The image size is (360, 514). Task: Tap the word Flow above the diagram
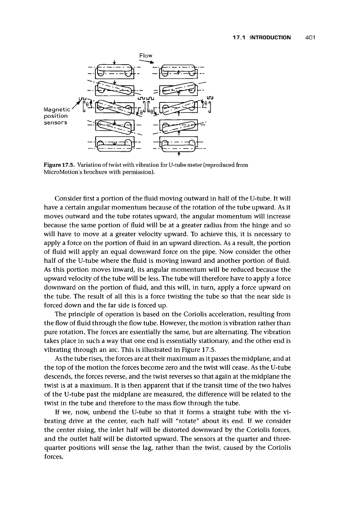coord(146,55)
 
